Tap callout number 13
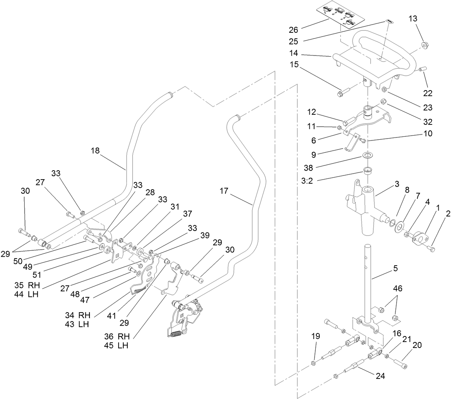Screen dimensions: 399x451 424,18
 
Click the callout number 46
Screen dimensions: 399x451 398,288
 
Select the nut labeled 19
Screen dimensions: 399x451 314,363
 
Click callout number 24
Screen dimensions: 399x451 380,376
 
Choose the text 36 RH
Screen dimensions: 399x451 116,336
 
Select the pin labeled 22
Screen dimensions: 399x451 422,70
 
